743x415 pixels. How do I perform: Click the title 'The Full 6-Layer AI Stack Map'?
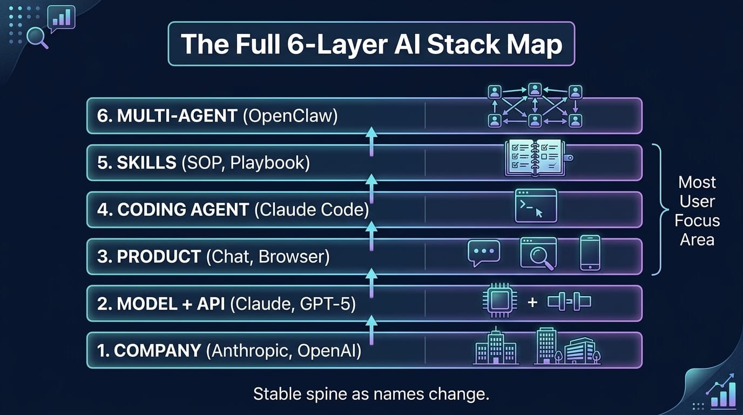coord(371,44)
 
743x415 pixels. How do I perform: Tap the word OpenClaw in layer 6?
coord(290,116)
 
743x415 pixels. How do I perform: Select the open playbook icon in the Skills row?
coord(535,158)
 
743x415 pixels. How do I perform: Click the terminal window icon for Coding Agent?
coord(536,206)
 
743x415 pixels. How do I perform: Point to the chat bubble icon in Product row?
coord(483,253)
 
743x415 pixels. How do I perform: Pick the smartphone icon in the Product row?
coord(590,252)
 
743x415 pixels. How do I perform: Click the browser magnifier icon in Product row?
coord(538,253)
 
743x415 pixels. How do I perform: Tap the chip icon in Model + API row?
coord(496,302)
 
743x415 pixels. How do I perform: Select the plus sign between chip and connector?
coord(532,302)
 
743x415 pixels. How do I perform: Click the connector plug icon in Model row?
coord(569,302)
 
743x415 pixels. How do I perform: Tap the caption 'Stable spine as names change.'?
coord(371,393)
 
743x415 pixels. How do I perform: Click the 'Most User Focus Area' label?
coord(697,211)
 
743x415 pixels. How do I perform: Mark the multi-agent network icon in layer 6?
coord(535,105)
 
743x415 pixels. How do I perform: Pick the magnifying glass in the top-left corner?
coord(37,38)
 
